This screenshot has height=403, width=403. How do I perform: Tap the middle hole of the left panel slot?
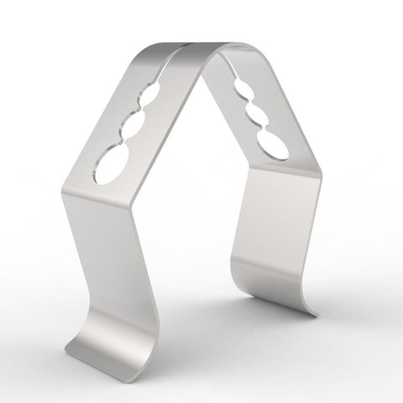click(133, 128)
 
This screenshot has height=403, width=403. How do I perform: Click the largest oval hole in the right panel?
click(270, 146)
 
